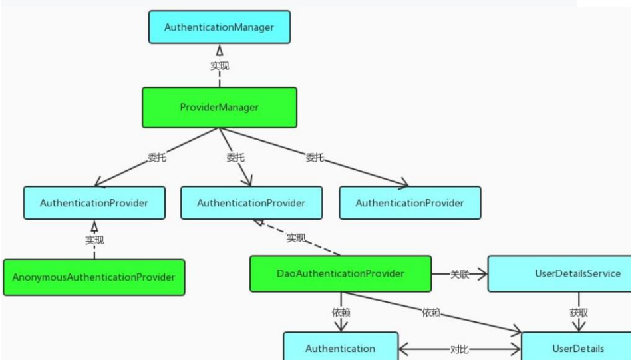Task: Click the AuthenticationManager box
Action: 220,27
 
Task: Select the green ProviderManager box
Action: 220,108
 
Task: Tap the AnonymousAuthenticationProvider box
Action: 94,277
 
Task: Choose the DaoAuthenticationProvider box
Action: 341,273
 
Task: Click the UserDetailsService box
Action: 560,273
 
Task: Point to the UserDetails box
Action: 577,346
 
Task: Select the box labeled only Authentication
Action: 341,346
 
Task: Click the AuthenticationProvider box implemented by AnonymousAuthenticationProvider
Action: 94,203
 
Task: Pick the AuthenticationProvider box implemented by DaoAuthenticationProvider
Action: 251,203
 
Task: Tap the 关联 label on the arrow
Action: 460,275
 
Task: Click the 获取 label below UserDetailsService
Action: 579,313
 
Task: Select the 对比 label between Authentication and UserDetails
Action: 460,349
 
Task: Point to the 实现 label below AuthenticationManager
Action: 220,65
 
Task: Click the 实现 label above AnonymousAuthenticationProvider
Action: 94,240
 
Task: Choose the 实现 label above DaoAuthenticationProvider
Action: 296,238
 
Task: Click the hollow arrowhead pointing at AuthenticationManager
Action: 220,50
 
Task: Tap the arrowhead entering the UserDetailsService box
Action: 482,274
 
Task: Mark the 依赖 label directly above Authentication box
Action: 341,313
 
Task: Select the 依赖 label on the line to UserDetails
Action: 431,313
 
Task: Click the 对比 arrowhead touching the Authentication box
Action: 403,349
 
